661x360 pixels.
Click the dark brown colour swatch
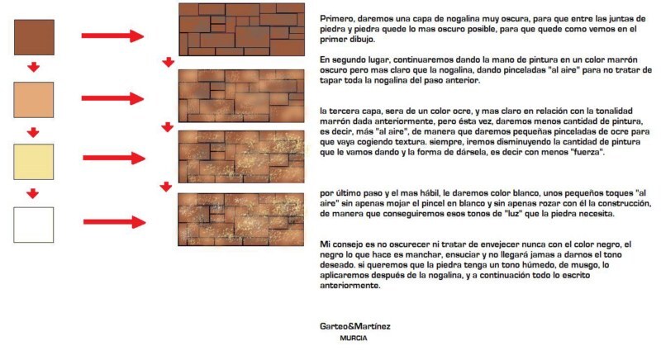point(34,37)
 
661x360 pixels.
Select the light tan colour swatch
point(34,100)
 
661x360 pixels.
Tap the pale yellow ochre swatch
point(34,162)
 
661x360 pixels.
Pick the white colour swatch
point(34,225)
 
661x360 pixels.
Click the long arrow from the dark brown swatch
point(112,36)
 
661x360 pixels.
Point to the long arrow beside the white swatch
point(114,222)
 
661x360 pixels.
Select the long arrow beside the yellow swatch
point(114,158)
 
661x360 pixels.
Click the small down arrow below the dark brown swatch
point(33,67)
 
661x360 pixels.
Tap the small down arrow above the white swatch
point(32,194)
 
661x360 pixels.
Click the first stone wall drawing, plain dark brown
point(241,30)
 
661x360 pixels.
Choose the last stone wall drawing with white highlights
point(240,220)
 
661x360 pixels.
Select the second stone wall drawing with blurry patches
point(241,96)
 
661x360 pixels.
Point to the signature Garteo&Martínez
point(355,326)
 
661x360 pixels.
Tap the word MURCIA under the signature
point(354,338)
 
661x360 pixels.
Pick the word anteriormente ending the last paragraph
point(350,286)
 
